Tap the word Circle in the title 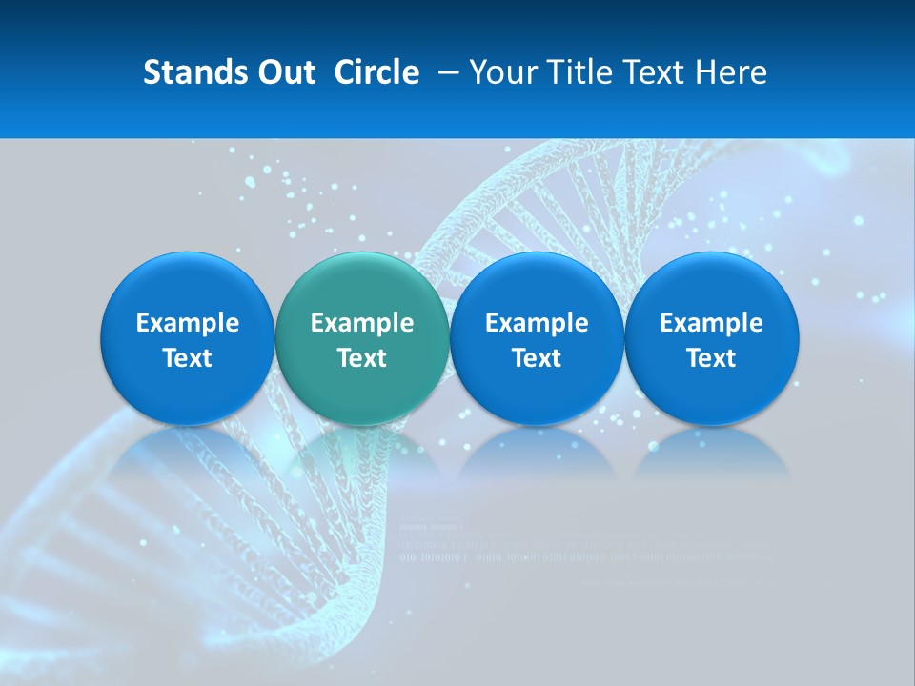pyautogui.click(x=376, y=72)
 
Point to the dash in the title pyautogui.click(x=445, y=72)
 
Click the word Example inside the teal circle pyautogui.click(x=362, y=323)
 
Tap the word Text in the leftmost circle pyautogui.click(x=187, y=358)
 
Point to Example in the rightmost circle pyautogui.click(x=712, y=323)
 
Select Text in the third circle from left pyautogui.click(x=537, y=358)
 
